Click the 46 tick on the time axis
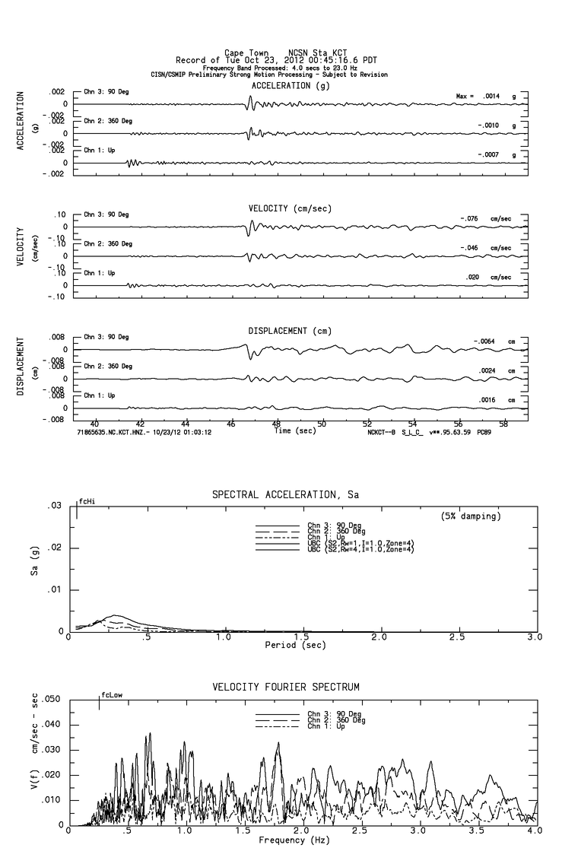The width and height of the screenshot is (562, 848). pos(232,424)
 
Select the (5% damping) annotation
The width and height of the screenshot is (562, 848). pos(471,516)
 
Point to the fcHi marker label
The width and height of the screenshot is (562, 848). pos(87,501)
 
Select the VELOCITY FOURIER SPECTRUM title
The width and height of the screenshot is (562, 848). pos(287,688)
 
